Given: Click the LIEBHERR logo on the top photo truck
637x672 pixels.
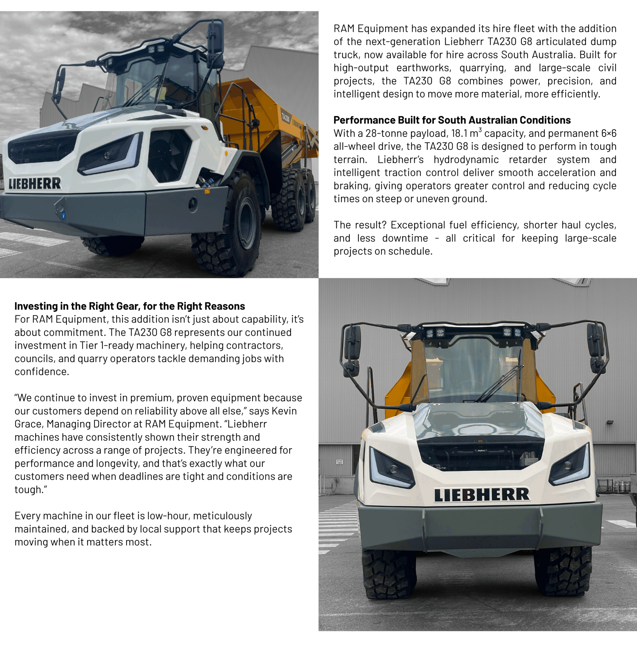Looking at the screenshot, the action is (35, 183).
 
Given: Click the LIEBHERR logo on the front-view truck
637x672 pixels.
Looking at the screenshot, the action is (482, 495).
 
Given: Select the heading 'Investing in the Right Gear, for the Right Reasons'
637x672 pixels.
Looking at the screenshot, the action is (129, 306).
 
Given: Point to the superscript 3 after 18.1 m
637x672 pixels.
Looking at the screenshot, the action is (480, 130).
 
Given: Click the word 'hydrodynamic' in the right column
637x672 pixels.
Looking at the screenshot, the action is (466, 160).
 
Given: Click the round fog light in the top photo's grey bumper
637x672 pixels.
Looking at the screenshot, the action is (193, 204).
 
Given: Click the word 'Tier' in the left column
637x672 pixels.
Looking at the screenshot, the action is (89, 345).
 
